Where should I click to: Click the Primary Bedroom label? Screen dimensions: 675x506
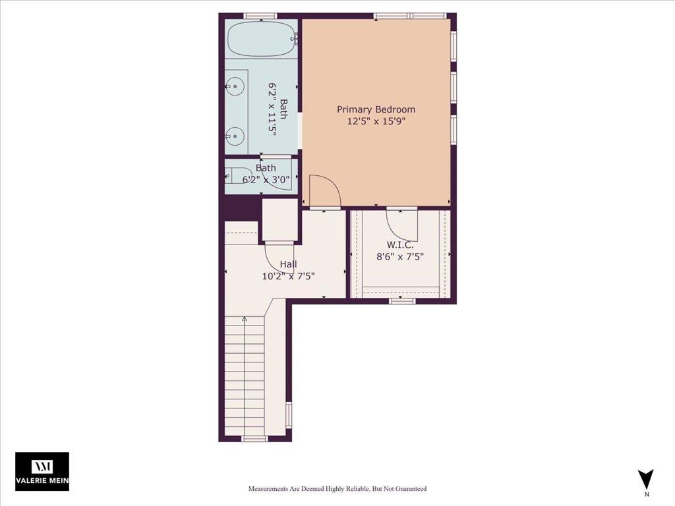pos(376,110)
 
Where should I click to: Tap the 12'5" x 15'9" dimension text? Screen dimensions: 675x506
pos(376,121)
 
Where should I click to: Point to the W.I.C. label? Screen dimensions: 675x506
pos(400,245)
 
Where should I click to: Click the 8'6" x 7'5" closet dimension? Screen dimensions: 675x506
pos(400,257)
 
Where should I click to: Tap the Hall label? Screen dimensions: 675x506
pos(288,264)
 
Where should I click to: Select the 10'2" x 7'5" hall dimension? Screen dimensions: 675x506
pos(288,276)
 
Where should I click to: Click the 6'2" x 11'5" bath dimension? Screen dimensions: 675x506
pos(272,109)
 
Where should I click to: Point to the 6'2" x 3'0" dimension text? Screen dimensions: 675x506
pos(266,179)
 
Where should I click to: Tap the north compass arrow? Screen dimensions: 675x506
pos(646,479)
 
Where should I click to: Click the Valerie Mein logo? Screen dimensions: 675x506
pos(42,471)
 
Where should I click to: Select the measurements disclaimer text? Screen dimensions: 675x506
pos(337,489)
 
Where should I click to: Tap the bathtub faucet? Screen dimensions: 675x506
pos(295,39)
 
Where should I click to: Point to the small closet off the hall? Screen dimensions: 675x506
pos(279,219)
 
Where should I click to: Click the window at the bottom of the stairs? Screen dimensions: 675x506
pos(254,438)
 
